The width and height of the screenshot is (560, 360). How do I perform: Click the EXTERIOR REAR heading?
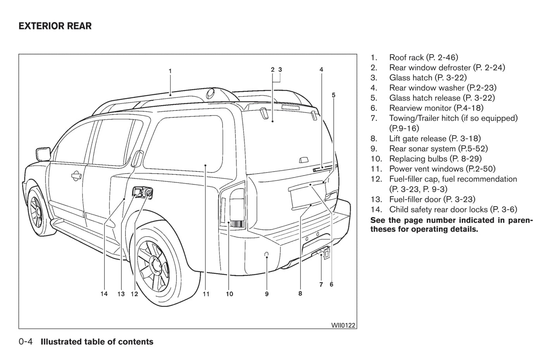[55, 26]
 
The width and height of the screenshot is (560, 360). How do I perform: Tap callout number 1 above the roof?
[170, 71]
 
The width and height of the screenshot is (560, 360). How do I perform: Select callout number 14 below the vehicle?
[104, 294]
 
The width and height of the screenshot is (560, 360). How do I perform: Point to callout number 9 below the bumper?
[267, 294]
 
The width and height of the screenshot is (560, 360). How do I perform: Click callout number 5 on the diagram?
[334, 95]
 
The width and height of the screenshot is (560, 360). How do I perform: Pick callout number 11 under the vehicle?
[206, 294]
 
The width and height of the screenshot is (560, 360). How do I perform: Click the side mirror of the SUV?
[43, 153]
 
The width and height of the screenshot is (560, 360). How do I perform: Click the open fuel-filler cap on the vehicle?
[148, 193]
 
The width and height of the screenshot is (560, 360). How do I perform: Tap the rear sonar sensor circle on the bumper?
[267, 254]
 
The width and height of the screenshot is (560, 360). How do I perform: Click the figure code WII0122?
[343, 325]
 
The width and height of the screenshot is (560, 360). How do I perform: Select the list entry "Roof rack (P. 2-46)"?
[423, 58]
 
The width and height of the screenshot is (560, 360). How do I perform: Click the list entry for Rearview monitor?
[436, 108]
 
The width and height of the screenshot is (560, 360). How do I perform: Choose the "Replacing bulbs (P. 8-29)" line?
[435, 158]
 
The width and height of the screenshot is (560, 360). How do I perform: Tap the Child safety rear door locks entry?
[453, 209]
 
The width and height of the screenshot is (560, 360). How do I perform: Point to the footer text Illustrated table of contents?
[97, 342]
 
